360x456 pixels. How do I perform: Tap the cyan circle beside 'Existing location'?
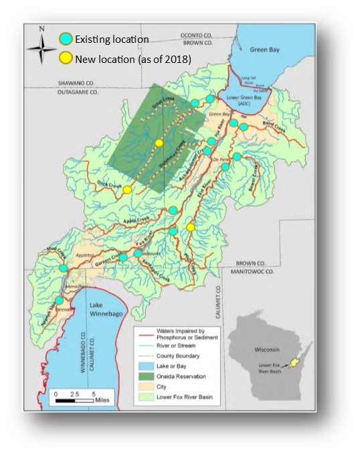(x=66, y=40)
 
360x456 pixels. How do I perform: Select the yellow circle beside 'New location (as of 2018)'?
(x=66, y=59)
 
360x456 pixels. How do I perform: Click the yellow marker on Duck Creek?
(x=127, y=190)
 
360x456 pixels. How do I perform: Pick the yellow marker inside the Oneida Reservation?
(x=159, y=143)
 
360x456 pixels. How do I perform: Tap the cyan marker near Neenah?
(x=59, y=301)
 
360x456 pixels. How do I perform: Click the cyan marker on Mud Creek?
(x=63, y=268)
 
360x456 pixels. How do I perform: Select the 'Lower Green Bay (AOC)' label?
(x=244, y=100)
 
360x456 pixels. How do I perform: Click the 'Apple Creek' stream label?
(x=134, y=218)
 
